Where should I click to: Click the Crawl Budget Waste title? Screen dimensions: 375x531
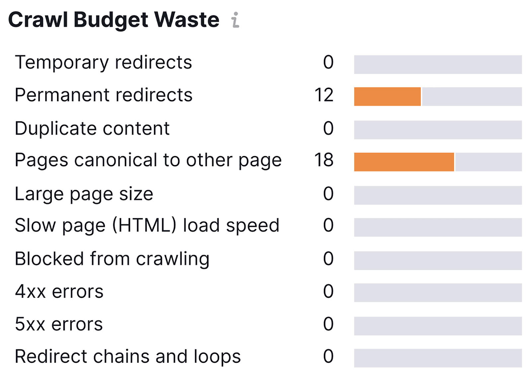tap(114, 20)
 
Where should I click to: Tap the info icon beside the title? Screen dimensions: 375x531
tap(235, 20)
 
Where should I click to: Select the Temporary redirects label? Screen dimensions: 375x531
tap(103, 62)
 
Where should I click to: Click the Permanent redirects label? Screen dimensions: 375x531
tap(104, 95)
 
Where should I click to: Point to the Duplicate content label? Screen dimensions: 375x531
tap(92, 129)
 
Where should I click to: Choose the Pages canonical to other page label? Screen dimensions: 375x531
tap(148, 160)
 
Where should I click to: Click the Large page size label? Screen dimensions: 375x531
tap(84, 194)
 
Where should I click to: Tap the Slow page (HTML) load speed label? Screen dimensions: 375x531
tap(147, 226)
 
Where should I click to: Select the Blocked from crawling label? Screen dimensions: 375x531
tap(112, 259)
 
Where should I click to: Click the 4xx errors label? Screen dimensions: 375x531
tap(59, 292)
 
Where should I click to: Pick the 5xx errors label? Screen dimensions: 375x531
tap(59, 324)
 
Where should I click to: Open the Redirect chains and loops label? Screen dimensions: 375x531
tap(128, 357)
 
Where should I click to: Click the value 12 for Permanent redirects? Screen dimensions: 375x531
tap(324, 95)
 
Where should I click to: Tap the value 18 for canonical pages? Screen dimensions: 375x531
tap(324, 160)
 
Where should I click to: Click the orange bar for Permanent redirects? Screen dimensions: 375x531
tap(387, 97)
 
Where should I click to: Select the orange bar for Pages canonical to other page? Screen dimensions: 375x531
tap(404, 162)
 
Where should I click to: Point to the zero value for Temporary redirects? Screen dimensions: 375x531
tap(328, 62)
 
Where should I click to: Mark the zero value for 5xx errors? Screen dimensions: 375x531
tap(328, 324)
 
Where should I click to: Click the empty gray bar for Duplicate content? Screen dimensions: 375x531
tap(438, 130)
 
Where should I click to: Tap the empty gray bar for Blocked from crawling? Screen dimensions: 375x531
tap(438, 260)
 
